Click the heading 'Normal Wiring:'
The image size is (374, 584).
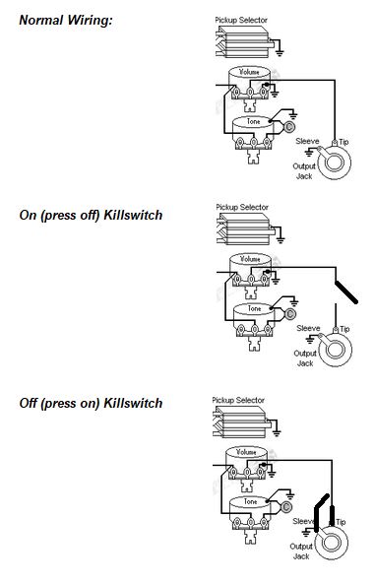click(x=66, y=20)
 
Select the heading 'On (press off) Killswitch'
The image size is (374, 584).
click(x=91, y=216)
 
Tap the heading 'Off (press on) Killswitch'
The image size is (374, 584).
click(x=91, y=404)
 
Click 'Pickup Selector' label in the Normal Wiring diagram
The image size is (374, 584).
click(x=241, y=20)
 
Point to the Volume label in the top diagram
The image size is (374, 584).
click(x=249, y=72)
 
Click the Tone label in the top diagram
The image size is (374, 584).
click(x=253, y=121)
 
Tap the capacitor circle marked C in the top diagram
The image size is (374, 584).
click(x=289, y=127)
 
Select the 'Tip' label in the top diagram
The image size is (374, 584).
click(x=343, y=142)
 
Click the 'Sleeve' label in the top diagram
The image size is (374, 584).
click(x=307, y=141)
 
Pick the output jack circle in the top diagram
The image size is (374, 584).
click(x=334, y=162)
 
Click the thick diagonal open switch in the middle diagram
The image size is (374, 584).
click(x=346, y=292)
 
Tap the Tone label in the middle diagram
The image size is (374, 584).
click(x=255, y=309)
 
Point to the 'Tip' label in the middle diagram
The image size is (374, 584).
click(x=344, y=329)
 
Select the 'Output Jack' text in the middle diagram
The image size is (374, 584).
click(x=305, y=358)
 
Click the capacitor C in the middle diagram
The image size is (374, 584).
click(x=290, y=314)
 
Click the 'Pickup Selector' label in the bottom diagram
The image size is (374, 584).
click(x=238, y=401)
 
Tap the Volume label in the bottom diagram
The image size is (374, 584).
click(x=246, y=452)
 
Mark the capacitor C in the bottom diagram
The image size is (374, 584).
click(x=286, y=507)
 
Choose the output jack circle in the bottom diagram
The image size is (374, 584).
click(x=331, y=542)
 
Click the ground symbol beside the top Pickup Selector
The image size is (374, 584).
click(x=280, y=52)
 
